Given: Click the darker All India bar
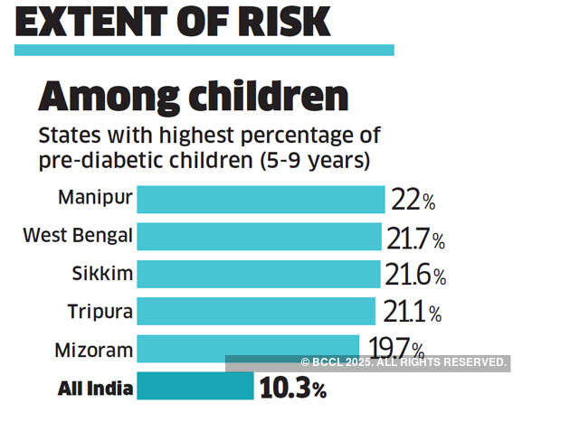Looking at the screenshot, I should [195, 387].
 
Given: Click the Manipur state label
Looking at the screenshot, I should [95, 198].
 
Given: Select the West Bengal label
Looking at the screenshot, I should [79, 237].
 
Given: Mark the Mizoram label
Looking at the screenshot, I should [96, 349].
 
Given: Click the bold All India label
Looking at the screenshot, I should [96, 389].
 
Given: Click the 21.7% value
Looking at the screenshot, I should [416, 239].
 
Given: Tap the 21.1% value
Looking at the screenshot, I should [412, 313].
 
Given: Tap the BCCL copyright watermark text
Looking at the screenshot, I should [403, 362].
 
